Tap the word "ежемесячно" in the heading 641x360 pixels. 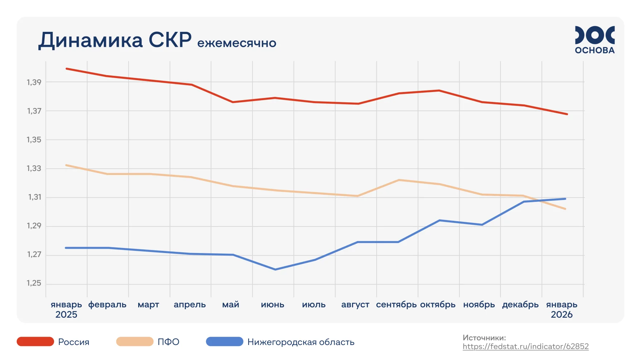(237, 43)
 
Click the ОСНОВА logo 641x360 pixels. (594, 40)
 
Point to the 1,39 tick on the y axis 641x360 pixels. (34, 82)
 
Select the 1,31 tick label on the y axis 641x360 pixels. (35, 197)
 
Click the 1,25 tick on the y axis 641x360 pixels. (34, 283)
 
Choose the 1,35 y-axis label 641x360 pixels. (34, 140)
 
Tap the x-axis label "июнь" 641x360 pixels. (273, 305)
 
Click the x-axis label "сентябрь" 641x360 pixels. (396, 305)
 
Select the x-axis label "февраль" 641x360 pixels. (107, 305)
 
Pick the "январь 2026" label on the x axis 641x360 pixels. (562, 309)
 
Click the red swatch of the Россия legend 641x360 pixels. (35, 342)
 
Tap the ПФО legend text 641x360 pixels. (168, 342)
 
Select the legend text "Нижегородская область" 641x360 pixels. (301, 342)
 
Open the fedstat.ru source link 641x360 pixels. (525, 346)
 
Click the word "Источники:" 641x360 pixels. (484, 337)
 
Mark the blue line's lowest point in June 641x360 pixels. (275, 269)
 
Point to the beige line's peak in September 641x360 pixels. (399, 180)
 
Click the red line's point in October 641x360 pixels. (439, 91)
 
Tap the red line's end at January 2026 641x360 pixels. (567, 114)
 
